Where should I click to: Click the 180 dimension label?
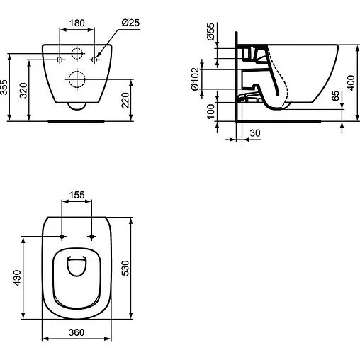(x=78, y=23)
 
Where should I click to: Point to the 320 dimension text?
(x=25, y=89)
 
